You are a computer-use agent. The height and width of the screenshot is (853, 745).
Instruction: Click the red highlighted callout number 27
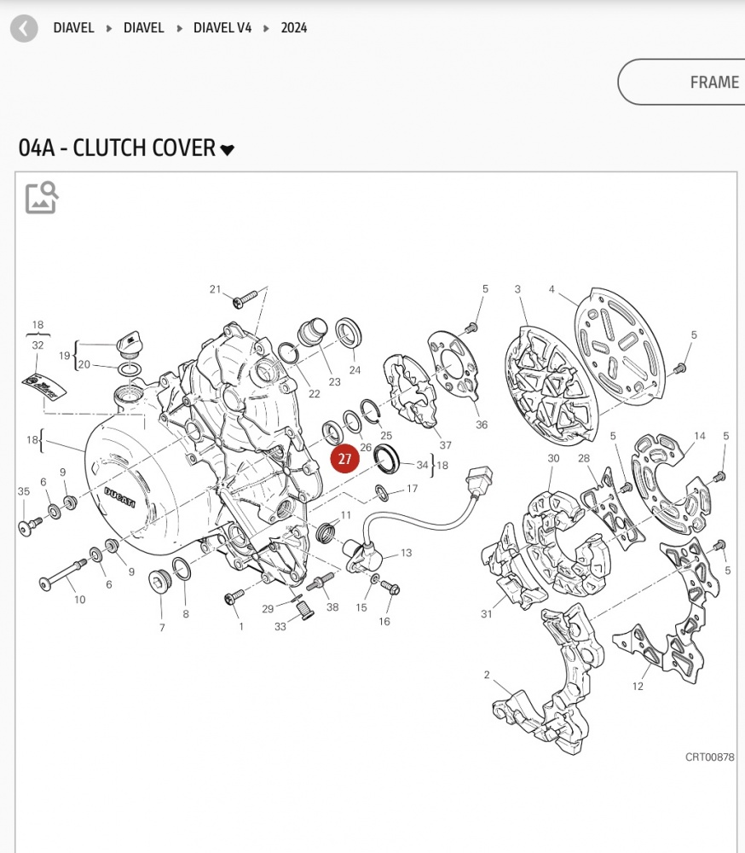point(344,459)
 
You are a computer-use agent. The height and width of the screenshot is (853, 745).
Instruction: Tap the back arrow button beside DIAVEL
point(24,28)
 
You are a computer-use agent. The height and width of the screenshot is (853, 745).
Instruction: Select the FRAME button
point(682,82)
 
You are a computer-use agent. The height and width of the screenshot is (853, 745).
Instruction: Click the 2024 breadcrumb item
point(293,28)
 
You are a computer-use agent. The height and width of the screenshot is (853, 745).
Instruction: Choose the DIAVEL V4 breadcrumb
point(222,28)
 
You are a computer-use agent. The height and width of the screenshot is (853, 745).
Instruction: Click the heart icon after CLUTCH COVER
point(228,149)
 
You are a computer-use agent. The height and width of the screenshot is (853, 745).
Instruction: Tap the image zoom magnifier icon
point(41,198)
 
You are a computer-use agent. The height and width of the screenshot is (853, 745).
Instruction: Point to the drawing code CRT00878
point(710,757)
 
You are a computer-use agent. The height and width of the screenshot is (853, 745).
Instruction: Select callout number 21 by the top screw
point(216,289)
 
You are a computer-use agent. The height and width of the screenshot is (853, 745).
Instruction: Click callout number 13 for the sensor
point(407,553)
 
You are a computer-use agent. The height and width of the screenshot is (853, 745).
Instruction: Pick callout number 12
point(638,687)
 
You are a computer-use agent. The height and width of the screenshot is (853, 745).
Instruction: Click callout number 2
point(487,675)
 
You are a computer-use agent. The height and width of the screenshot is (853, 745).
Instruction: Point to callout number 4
point(552,289)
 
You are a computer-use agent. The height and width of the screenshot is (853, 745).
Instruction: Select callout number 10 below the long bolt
point(80,600)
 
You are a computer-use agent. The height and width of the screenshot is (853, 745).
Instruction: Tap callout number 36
point(482,425)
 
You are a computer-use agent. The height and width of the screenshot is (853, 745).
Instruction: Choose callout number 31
point(487,614)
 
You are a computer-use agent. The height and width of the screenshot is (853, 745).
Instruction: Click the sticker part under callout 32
point(44,386)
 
